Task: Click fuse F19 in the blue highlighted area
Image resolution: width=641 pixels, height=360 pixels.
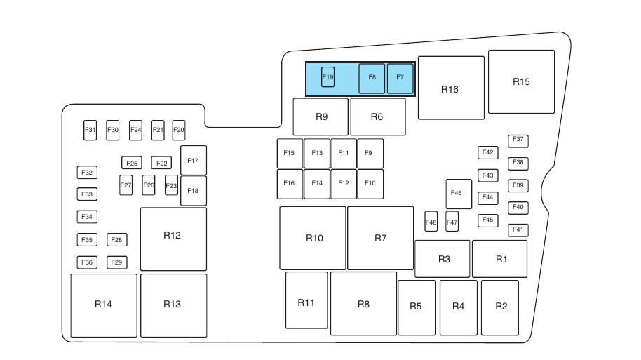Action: pos(328,76)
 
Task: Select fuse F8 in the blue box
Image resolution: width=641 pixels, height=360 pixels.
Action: pos(372,79)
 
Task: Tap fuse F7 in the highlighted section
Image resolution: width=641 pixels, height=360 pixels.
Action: pos(400,79)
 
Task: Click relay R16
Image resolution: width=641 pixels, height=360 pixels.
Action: pos(450,88)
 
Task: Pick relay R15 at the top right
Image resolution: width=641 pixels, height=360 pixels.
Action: pos(521,81)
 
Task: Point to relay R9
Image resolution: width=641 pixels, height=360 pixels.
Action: pos(320,116)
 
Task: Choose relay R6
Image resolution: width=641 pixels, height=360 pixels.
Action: pos(377,116)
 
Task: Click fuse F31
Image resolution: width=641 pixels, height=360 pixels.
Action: pos(90,130)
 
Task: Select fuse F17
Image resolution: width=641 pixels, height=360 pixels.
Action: pos(193,161)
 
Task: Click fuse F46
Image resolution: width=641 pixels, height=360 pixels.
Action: pos(458,194)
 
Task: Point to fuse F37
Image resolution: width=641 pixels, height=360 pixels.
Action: pos(518,140)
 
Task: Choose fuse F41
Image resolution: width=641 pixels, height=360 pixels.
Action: pos(518,229)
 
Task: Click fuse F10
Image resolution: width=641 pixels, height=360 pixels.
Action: pos(370,184)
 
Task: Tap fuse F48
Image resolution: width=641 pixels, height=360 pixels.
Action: pos(431,222)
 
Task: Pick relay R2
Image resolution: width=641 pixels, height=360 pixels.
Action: pos(500,307)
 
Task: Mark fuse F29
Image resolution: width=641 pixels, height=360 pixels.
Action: pos(117,262)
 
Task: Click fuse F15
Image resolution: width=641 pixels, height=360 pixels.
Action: pos(289,154)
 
